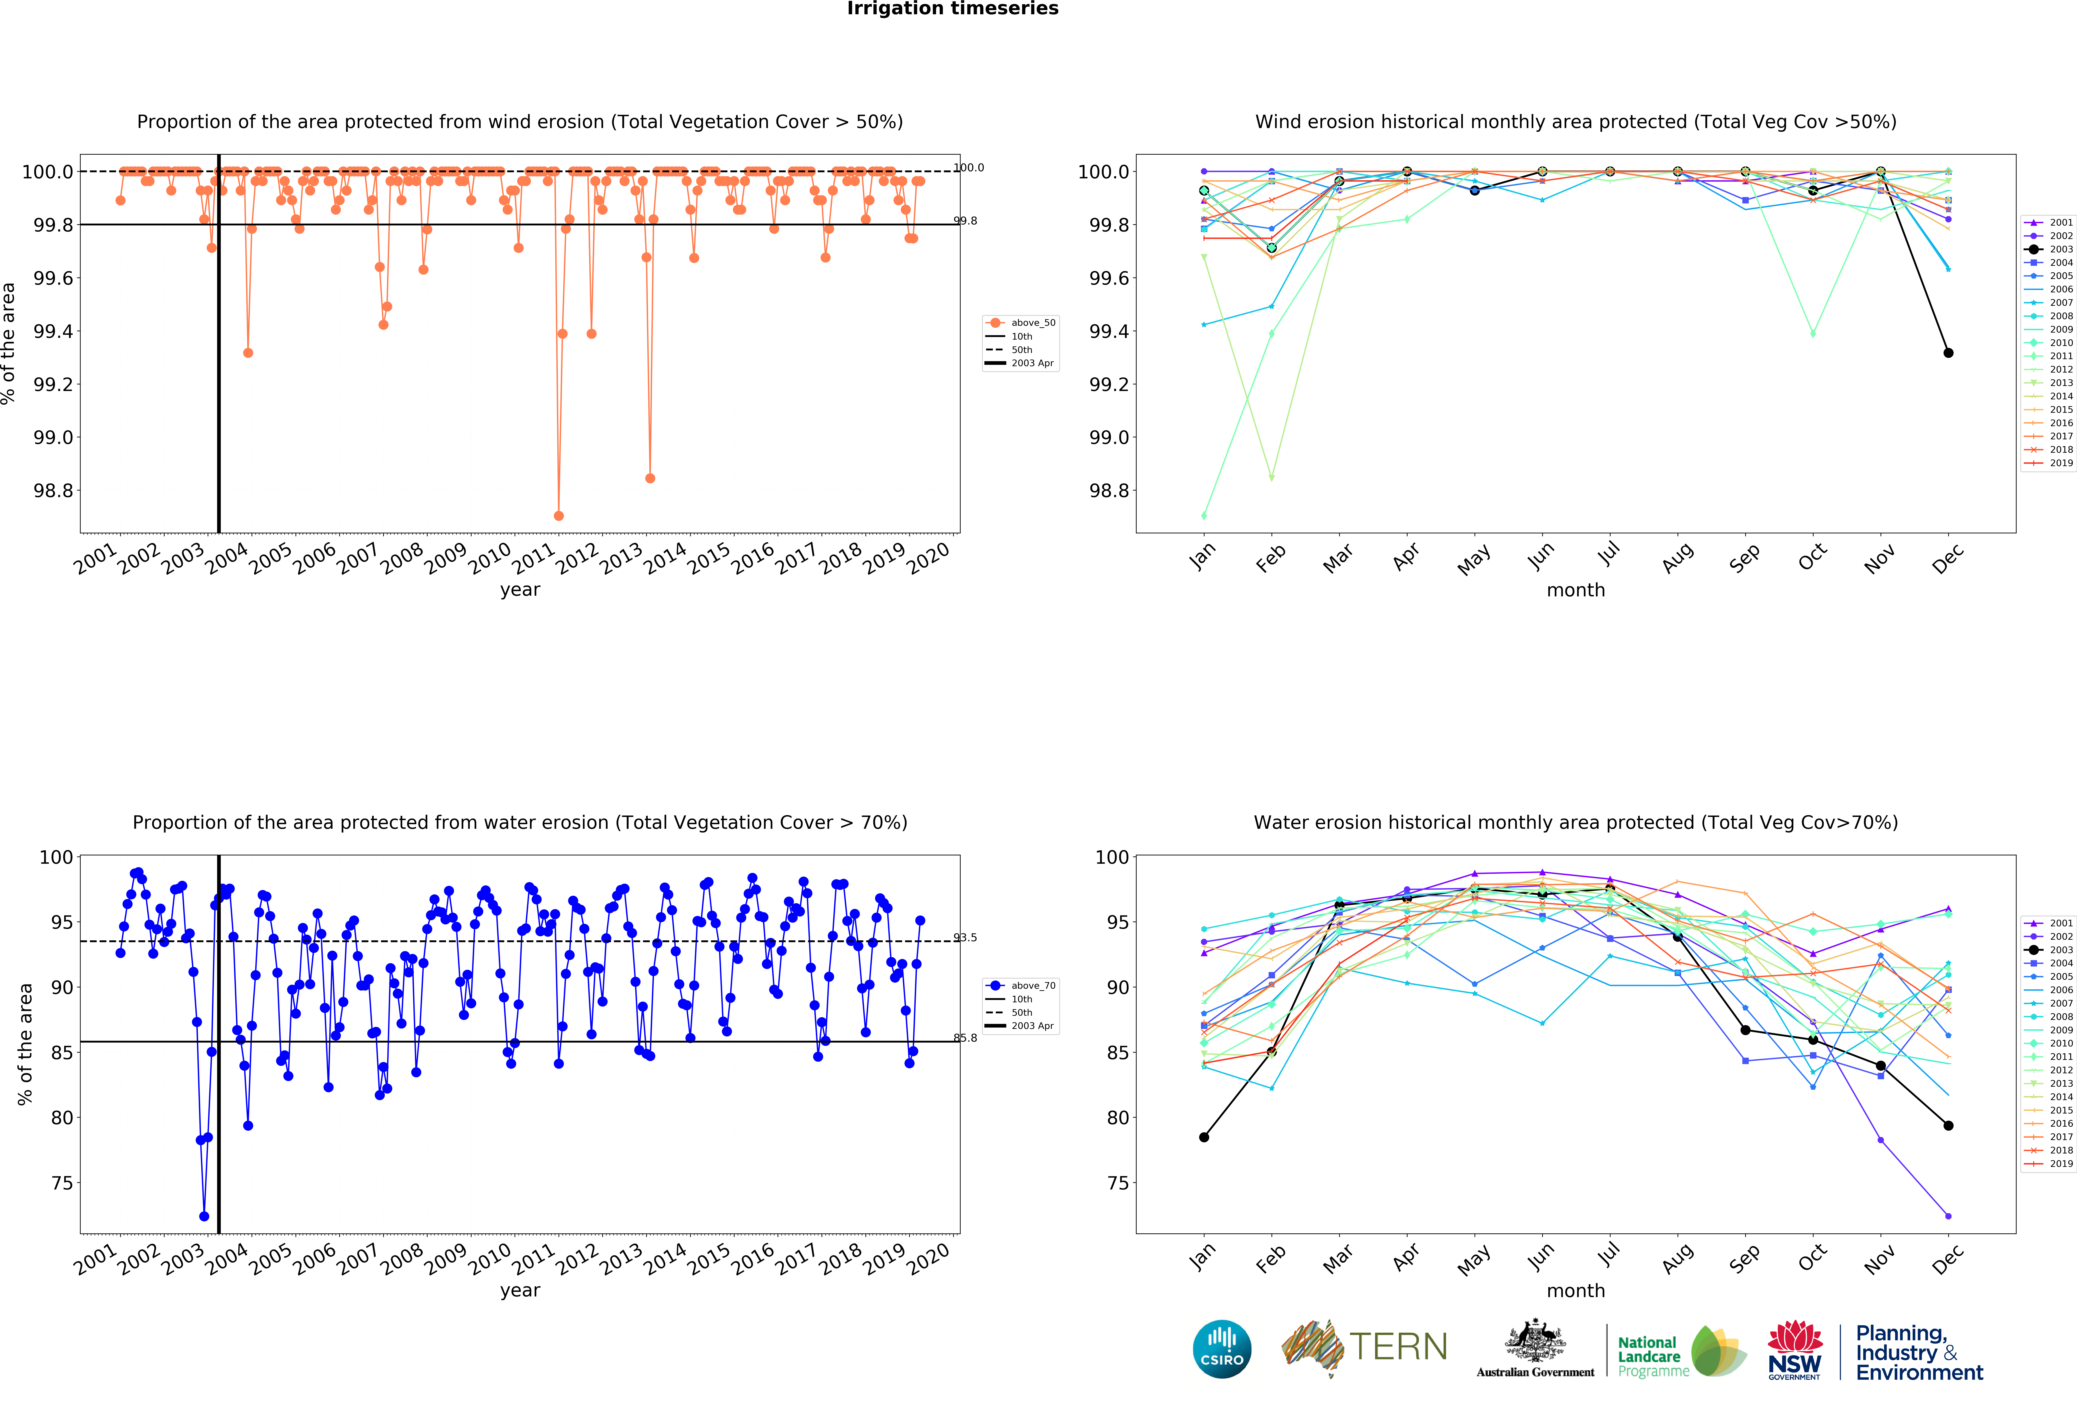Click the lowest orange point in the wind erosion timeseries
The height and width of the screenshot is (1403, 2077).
[x=559, y=516]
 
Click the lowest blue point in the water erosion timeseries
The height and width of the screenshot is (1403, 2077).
[x=204, y=1216]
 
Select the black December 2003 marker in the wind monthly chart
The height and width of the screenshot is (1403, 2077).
[x=1948, y=353]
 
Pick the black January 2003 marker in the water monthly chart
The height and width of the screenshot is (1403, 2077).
[x=1204, y=1138]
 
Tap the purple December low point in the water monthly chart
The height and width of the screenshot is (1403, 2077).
[x=1948, y=1216]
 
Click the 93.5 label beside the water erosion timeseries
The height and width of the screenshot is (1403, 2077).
[x=965, y=937]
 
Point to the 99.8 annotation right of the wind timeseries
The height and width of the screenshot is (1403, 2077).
[x=965, y=221]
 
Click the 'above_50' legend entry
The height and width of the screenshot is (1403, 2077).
[x=1032, y=323]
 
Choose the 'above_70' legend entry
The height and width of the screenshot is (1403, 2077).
[x=1032, y=986]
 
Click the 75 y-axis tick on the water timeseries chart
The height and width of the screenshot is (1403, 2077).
[x=63, y=1183]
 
